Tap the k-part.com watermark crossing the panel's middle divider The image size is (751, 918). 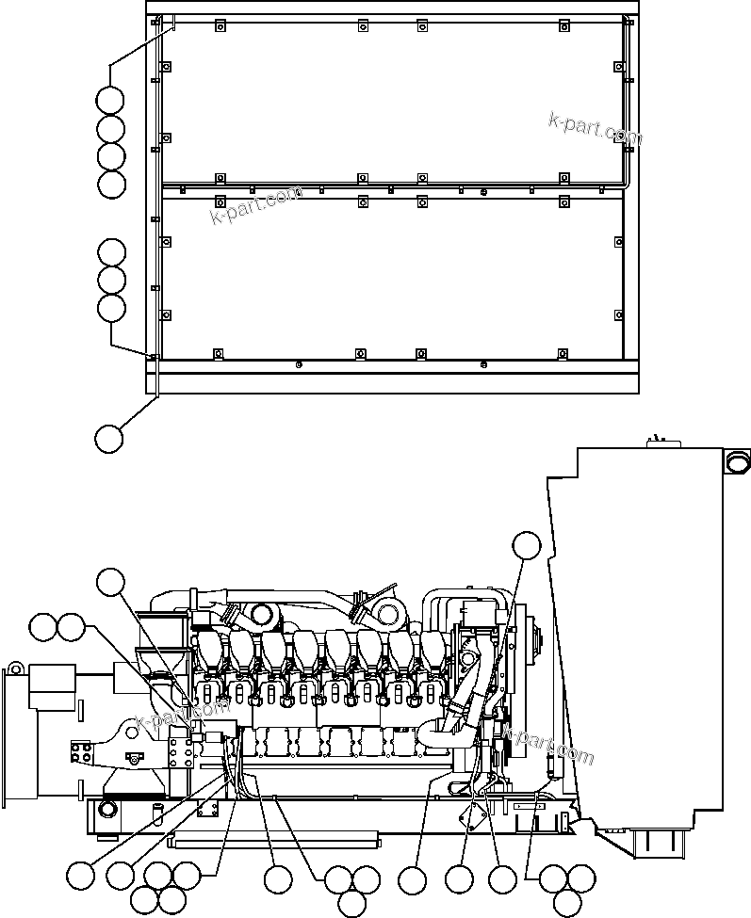[256, 204]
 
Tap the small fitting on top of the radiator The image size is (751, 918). [659, 440]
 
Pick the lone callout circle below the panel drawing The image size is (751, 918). [109, 437]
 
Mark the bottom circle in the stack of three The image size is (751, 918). [111, 308]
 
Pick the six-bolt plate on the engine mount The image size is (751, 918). [180, 754]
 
